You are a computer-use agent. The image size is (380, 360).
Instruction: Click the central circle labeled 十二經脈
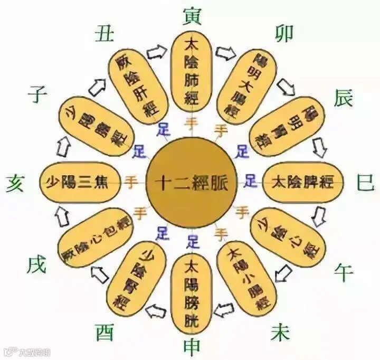pyautogui.click(x=192, y=182)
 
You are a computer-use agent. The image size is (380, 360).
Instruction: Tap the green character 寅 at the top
pyautogui.click(x=191, y=14)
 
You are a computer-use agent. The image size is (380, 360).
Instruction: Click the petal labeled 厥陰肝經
pyautogui.click(x=138, y=84)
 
